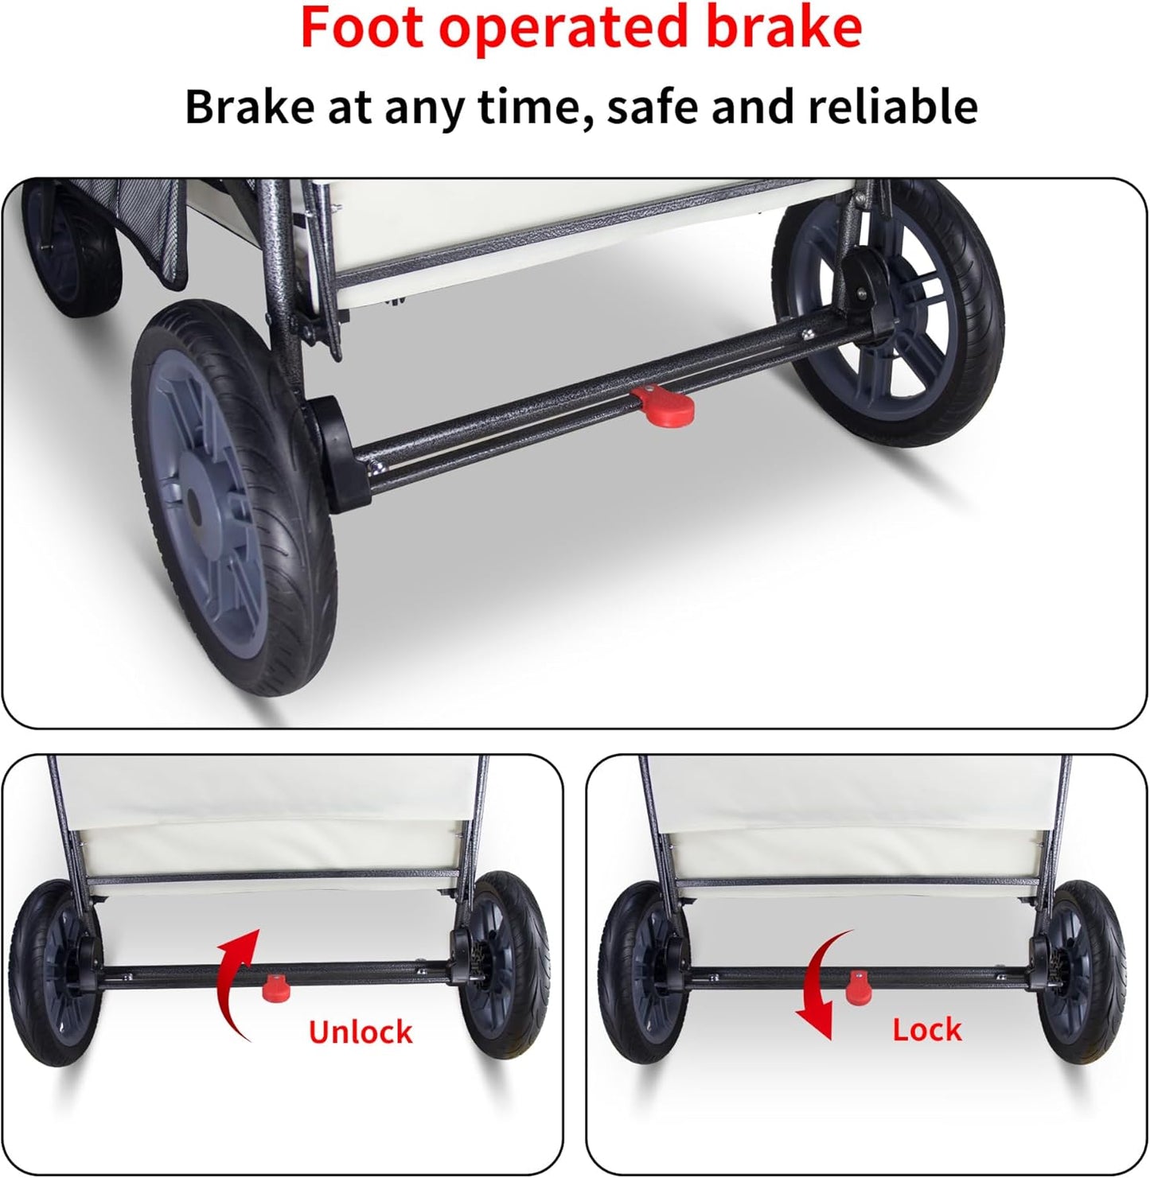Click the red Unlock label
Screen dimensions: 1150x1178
[361, 1032]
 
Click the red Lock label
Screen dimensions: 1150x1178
[927, 1029]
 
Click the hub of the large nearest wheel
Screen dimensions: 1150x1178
[193, 507]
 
